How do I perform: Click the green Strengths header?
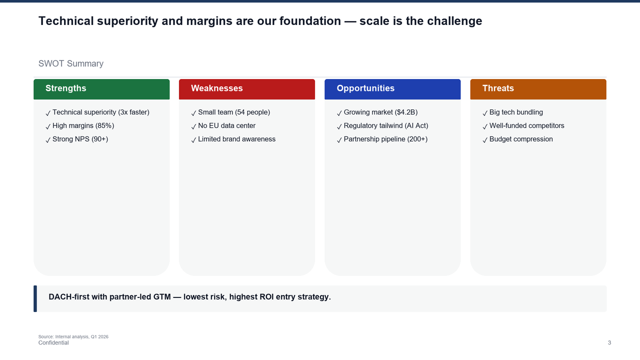(x=101, y=89)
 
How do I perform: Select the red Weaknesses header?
(x=247, y=89)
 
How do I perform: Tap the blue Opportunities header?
(x=392, y=89)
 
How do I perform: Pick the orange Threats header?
(x=538, y=89)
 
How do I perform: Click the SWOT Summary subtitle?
(x=71, y=63)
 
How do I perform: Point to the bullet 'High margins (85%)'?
(x=83, y=126)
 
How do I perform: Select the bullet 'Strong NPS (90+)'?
(x=80, y=139)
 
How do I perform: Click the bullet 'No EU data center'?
(x=226, y=126)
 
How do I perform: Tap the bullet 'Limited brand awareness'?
(x=236, y=139)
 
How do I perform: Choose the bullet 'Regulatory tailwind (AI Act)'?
(x=385, y=126)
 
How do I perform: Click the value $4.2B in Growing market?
(x=406, y=112)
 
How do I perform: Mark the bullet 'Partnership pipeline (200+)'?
(x=385, y=139)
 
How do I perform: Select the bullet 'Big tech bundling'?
(x=516, y=112)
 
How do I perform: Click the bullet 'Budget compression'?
(x=521, y=139)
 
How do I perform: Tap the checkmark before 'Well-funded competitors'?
(x=485, y=127)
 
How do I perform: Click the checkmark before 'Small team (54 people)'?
(x=193, y=113)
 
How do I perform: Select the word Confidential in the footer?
(x=53, y=343)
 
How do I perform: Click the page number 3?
(x=609, y=343)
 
